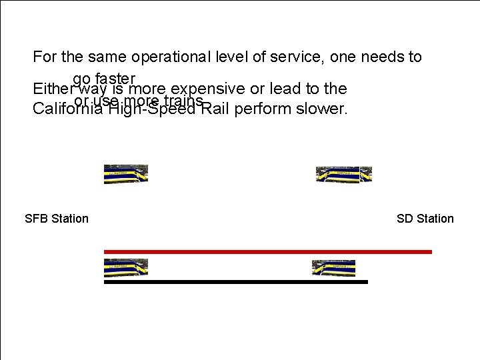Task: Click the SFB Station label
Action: [56, 219]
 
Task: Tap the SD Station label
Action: [425, 219]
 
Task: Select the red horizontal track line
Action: [267, 252]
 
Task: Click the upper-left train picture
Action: [126, 174]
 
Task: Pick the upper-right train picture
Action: [343, 175]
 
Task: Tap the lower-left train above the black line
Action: [126, 268]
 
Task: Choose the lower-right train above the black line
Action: [334, 268]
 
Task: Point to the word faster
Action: [115, 77]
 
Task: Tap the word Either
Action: [53, 89]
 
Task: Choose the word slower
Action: [319, 109]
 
